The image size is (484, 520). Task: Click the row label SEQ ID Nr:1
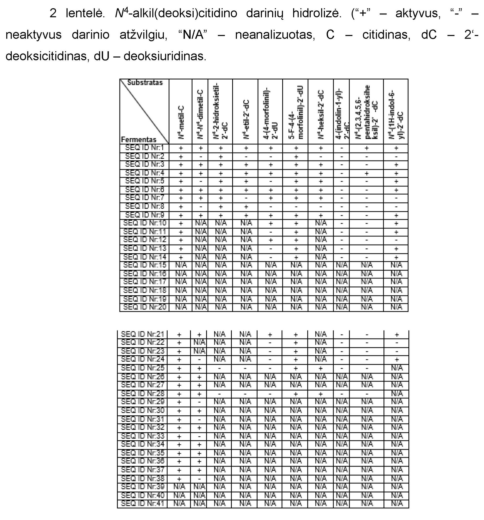coord(144,148)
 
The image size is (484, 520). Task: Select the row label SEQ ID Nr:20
coord(144,307)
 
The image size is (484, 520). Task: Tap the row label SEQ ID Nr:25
coord(142,368)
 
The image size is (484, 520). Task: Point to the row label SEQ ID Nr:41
coord(142,503)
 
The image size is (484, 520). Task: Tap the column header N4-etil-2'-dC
coord(245,119)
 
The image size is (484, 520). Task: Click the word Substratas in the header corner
coord(145,83)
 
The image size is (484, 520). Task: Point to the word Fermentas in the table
coord(139,140)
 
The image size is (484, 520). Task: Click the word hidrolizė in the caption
coord(316,13)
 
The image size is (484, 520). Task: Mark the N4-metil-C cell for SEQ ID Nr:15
coord(181,265)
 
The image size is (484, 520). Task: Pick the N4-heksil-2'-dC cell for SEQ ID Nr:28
coord(321,394)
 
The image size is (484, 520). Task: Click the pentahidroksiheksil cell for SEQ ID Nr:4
coord(366,173)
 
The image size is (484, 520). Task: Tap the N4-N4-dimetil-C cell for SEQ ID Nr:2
coord(200,157)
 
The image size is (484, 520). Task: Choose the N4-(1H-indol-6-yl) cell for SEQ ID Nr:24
coord(396,360)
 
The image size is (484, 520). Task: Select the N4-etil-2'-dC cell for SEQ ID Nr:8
coord(245,207)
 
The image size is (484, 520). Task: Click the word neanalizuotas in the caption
coord(275,34)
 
